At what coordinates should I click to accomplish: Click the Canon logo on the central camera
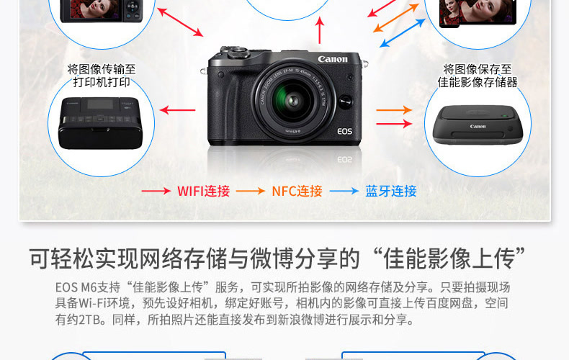coord(332,59)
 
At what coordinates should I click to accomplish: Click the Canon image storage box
coord(477,127)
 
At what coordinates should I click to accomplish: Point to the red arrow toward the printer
coord(177,110)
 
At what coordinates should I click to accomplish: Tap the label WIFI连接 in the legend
coord(203,192)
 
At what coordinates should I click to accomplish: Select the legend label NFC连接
coord(297,192)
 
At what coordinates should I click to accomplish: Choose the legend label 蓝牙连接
coord(391,192)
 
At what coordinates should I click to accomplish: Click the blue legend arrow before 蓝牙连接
coord(344,192)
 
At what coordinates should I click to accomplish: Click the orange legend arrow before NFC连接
coord(251,192)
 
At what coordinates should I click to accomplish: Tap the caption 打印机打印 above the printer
coord(102,82)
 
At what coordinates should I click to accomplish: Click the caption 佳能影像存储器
coord(478,82)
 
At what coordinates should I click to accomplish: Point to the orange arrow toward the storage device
coord(394,110)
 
